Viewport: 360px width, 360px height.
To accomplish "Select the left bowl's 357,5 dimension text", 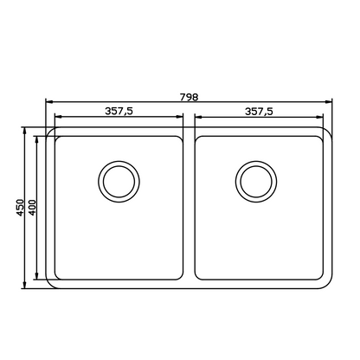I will coord(119,111).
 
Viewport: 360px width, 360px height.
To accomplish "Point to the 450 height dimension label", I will coord(19,209).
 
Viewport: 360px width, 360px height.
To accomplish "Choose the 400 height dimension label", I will coord(31,209).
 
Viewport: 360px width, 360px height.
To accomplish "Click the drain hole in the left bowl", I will coord(119,180).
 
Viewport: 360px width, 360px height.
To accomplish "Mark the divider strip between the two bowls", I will coord(190,208).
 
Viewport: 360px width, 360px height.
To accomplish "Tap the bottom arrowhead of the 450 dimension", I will coord(25,286).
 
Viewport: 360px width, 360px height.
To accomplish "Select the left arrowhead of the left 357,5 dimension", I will coord(59,118).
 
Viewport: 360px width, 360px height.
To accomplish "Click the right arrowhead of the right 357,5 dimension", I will coord(320,118).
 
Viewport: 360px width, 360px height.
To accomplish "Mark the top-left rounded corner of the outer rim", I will coord(50,133).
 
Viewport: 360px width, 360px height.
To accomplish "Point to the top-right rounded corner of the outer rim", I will coord(329,133).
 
